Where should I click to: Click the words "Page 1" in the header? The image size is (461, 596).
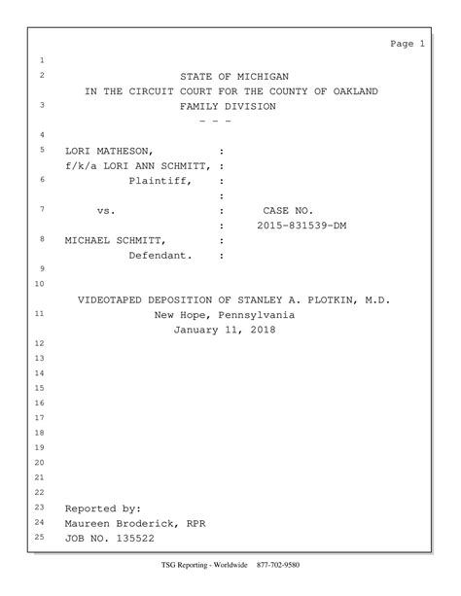tap(407, 44)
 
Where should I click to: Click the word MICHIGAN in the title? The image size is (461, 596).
tap(260, 76)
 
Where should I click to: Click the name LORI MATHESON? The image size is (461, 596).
tap(109, 152)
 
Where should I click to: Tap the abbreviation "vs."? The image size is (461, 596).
tap(107, 210)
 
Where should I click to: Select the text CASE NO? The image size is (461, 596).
tap(288, 210)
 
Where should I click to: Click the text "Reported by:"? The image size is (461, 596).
tap(103, 508)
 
